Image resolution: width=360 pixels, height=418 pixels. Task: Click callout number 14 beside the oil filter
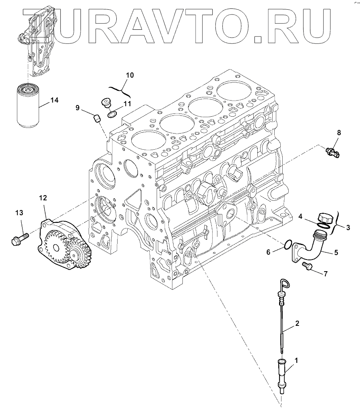tap(54, 100)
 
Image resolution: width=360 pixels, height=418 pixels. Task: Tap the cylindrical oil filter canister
tap(28, 106)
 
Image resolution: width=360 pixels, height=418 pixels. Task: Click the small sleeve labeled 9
tap(97, 118)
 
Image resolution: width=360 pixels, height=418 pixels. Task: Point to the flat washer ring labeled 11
tap(112, 115)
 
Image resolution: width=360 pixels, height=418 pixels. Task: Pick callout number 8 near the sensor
tap(339, 132)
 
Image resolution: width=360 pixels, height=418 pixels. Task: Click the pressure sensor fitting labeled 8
tap(333, 152)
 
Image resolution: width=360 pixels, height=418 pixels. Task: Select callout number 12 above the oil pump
tap(43, 198)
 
